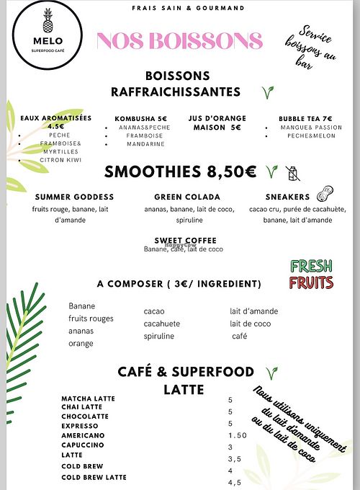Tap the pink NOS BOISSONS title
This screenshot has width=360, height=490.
(179, 41)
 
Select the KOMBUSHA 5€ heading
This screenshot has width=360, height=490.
(141, 118)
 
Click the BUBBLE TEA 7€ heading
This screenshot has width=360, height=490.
(306, 118)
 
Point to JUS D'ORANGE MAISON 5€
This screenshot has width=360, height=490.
(217, 122)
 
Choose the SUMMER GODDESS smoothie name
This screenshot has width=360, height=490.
(74, 197)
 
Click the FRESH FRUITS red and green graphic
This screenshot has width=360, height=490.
(310, 274)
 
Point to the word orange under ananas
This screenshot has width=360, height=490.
(81, 343)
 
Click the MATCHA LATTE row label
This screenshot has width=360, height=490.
(88, 398)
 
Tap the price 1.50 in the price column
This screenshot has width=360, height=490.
(238, 435)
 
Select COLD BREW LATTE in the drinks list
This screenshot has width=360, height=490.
(94, 477)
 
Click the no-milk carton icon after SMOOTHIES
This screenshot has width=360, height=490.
(292, 172)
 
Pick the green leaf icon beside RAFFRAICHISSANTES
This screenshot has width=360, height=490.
(268, 92)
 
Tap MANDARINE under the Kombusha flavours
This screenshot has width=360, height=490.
(145, 144)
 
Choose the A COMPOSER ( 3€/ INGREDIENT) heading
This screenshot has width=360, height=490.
(179, 283)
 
